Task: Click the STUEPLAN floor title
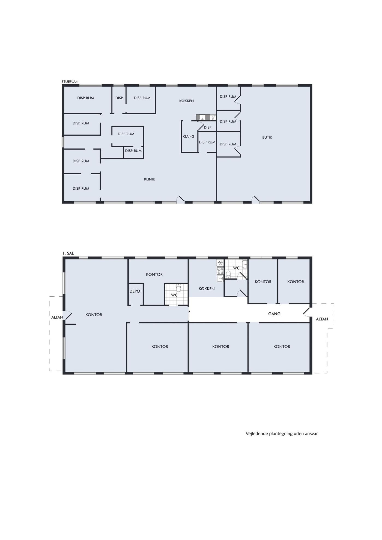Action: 70,82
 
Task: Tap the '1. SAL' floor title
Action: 68,253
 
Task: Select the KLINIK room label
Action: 150,179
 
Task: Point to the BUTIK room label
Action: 267,137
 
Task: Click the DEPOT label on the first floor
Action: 136,291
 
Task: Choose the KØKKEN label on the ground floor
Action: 187,101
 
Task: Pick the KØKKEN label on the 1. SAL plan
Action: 207,288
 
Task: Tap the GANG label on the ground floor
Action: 189,136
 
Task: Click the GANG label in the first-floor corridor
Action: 274,314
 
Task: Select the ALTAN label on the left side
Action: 57,317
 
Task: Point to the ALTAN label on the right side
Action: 322,319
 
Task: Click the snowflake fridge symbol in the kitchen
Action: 220,263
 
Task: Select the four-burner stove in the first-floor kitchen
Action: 220,271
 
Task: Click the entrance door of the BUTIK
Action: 256,199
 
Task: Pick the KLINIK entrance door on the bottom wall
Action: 180,199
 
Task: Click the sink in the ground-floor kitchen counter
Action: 202,117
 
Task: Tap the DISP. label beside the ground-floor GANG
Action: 208,127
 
